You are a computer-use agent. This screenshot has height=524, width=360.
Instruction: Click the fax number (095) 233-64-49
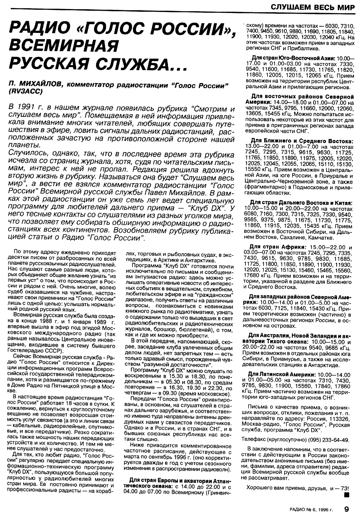[329, 439]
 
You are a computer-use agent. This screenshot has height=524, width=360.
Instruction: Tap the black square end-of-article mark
[348, 495]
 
